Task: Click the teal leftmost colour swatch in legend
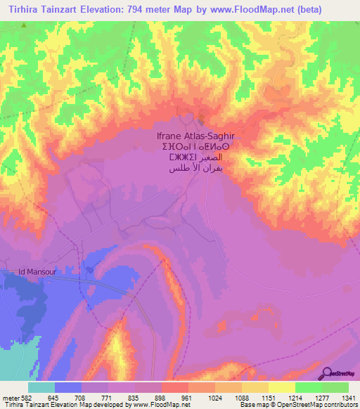(x=41, y=387)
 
